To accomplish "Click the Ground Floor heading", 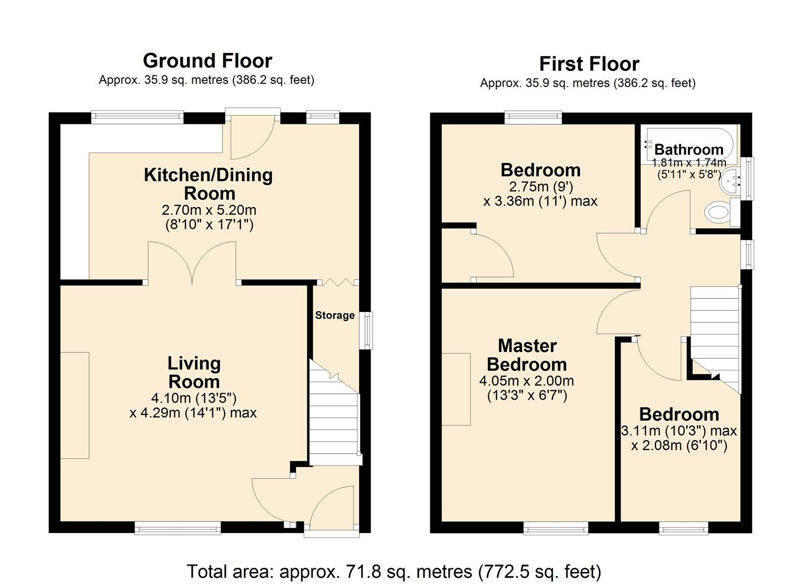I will [207, 61].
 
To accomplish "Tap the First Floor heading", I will [589, 64].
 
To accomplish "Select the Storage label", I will [335, 315].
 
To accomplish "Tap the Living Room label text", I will [194, 372].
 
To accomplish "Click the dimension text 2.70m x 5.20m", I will [209, 210].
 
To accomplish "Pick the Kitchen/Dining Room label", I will [208, 184].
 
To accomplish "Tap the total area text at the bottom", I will [394, 571].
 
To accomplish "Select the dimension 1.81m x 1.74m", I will [689, 163].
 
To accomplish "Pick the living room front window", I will [178, 527].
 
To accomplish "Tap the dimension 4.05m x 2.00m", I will [527, 381].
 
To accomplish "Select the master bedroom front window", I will [556, 527].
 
